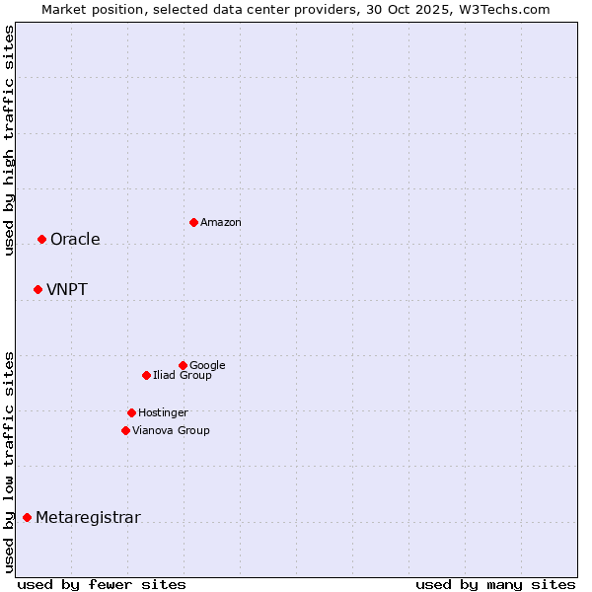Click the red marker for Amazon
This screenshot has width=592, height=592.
coord(193,222)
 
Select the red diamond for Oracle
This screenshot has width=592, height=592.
coord(41,239)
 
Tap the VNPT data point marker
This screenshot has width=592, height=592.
coord(37,289)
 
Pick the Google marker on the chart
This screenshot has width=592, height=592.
coord(183,365)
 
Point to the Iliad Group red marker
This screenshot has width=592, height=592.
coord(146,375)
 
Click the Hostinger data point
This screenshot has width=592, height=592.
coord(131,412)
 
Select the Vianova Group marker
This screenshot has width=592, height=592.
coord(125,430)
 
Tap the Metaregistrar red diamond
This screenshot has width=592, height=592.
coord(27,517)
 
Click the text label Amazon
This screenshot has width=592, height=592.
coord(221,223)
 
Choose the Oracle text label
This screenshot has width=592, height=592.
coord(75,240)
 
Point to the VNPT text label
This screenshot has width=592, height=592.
coord(67,290)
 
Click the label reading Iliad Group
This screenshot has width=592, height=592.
coord(183,376)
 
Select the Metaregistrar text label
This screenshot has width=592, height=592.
coord(88,518)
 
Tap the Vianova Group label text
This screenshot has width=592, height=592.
coord(171,431)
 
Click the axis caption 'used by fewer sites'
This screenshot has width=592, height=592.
coord(102,584)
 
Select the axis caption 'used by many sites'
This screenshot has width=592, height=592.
coord(495,584)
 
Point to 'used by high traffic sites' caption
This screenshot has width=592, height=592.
coord(9,140)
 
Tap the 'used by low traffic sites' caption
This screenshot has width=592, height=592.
coord(9,461)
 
